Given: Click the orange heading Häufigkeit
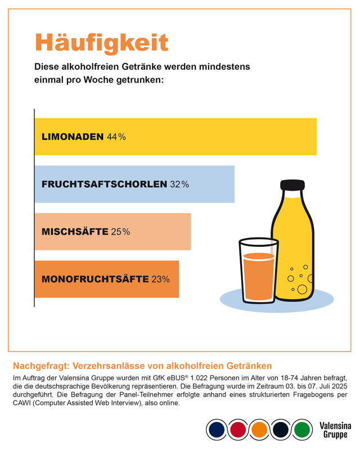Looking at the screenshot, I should pyautogui.click(x=102, y=43).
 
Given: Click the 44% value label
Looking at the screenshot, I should pyautogui.click(x=116, y=137).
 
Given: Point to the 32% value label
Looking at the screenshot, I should pyautogui.click(x=179, y=184).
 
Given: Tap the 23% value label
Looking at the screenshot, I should pyautogui.click(x=160, y=279).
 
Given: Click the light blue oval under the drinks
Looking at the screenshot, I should pyautogui.click(x=273, y=304).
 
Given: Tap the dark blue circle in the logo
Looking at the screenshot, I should pyautogui.click(x=216, y=430).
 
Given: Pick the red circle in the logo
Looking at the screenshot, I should pyautogui.click(x=237, y=430).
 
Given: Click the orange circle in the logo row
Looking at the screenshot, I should pyautogui.click(x=259, y=430).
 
